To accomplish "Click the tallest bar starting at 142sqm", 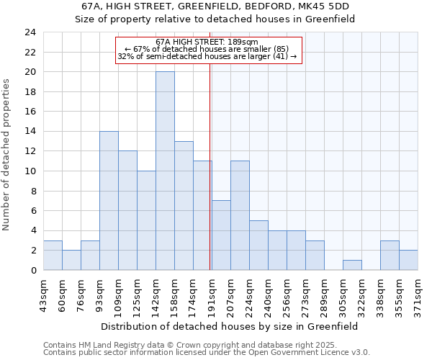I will (x=165, y=171).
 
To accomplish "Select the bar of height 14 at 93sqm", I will (x=109, y=200).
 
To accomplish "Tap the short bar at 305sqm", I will (x=352, y=265).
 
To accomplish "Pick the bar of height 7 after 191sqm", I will (x=221, y=235).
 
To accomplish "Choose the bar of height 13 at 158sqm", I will (x=184, y=205).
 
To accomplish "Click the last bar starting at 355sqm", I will (x=408, y=260).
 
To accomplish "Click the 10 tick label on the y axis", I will (x=30, y=171).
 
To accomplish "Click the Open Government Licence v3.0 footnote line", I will (x=207, y=352).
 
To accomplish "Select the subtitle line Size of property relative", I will (x=215, y=19).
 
